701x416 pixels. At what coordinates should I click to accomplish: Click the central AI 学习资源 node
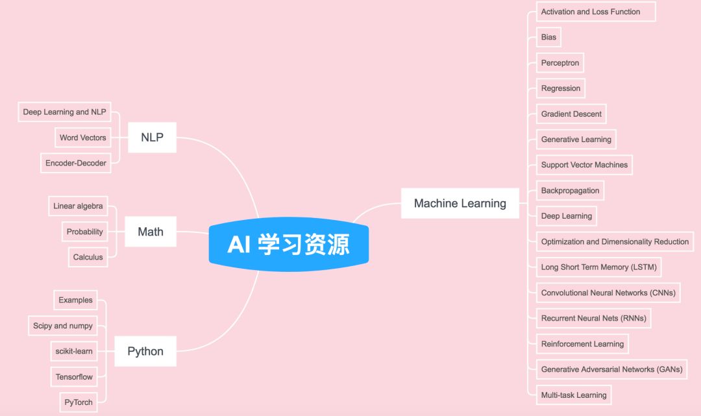coord(289,245)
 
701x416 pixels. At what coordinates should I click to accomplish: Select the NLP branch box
coord(152,138)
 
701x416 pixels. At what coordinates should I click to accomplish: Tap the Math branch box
coord(151,232)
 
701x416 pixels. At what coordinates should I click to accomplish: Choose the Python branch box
coord(145,351)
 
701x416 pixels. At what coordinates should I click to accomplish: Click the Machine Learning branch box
coord(460,203)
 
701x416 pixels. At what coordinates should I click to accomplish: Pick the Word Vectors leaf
coord(82,138)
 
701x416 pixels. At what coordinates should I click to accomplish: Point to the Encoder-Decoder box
coord(75,163)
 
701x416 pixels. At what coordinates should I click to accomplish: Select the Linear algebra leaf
coord(78,206)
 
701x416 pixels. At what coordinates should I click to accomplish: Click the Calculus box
coord(88,257)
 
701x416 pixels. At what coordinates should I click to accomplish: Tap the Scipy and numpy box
coord(63,326)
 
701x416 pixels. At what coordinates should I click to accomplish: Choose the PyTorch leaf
coord(79,402)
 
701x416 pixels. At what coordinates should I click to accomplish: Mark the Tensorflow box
coord(74,376)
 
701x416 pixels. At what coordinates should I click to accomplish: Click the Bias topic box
coord(548,37)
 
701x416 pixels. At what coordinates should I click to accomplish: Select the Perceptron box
coord(560,63)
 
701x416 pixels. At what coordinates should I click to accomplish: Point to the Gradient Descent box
coord(571,114)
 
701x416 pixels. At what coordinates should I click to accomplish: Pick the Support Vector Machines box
coord(584,165)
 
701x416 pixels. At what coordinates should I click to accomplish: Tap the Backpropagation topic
coord(570,191)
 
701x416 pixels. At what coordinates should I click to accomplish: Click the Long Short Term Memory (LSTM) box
coord(598,267)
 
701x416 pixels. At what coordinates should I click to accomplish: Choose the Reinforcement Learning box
coord(582,344)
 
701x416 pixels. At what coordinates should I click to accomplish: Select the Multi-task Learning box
coord(574,395)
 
